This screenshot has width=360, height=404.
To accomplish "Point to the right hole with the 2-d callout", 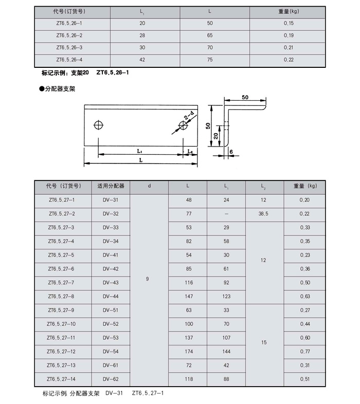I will pyautogui.click(x=183, y=126).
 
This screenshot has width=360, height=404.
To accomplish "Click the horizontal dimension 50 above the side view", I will pyautogui.click(x=245, y=97).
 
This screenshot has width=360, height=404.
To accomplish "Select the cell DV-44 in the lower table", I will pyautogui.click(x=110, y=297).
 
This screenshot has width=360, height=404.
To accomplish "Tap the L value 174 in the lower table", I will pyautogui.click(x=188, y=352).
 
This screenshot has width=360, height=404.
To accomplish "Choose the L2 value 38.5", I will pyautogui.click(x=263, y=213).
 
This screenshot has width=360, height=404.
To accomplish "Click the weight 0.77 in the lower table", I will pyautogui.click(x=305, y=352).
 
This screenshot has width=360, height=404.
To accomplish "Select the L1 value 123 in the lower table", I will pyautogui.click(x=226, y=297).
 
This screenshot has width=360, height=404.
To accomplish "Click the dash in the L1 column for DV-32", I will pyautogui.click(x=226, y=213).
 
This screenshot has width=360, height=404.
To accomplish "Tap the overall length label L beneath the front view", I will pyautogui.click(x=140, y=160).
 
